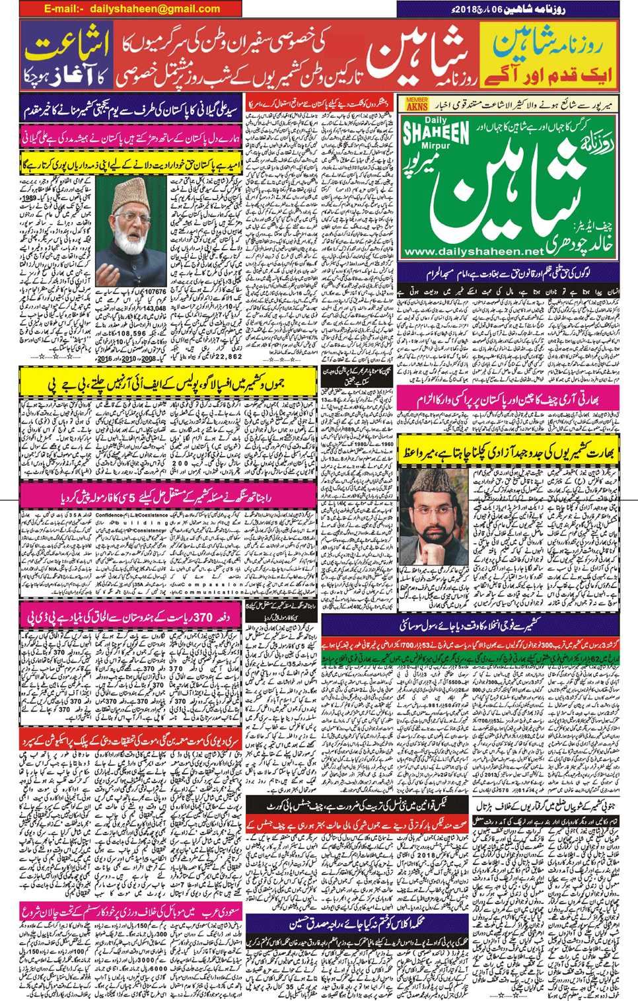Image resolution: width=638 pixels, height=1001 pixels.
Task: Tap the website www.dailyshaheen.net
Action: pyautogui.click(x=472, y=252)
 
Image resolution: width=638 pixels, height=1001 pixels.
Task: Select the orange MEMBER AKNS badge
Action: pyautogui.click(x=417, y=104)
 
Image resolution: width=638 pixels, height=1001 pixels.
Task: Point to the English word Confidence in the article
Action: pyautogui.click(x=110, y=515)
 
